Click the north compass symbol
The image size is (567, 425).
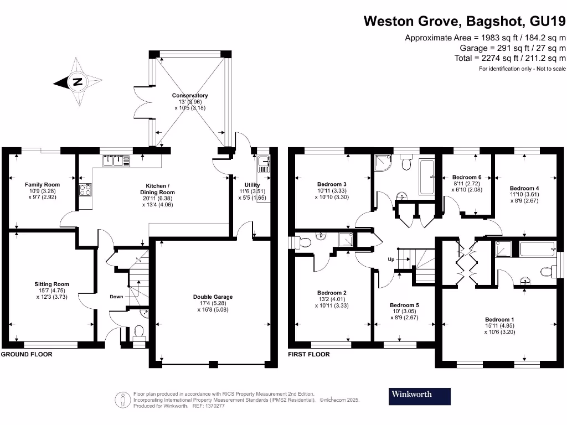coord(78,82)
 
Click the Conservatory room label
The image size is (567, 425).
coord(190,96)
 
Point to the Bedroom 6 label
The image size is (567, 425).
coord(467,177)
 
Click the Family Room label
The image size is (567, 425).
coord(42,185)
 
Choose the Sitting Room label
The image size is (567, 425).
coord(51,284)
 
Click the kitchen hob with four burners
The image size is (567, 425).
coord(86,189)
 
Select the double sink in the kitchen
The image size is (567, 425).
coord(116,161)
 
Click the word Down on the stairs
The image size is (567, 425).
coord(116,297)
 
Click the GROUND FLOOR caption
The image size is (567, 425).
coord(27,354)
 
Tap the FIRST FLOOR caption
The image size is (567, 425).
coord(308,354)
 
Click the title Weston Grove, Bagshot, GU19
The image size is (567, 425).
coord(465,22)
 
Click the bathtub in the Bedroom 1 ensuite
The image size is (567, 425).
coord(537,249)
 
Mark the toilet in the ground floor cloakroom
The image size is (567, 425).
coord(138,331)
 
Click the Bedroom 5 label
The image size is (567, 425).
coord(404,305)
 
